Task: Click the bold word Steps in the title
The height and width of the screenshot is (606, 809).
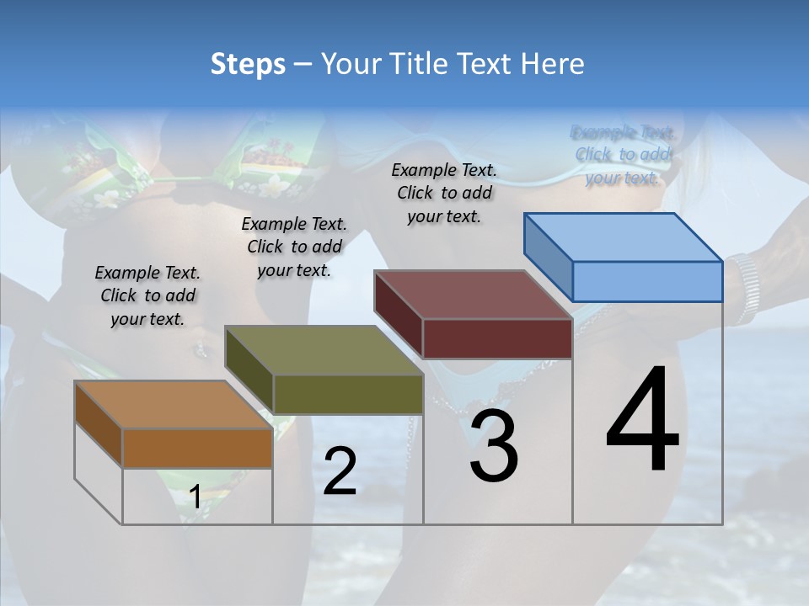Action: pyautogui.click(x=248, y=64)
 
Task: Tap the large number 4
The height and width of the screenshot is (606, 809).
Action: pyautogui.click(x=642, y=421)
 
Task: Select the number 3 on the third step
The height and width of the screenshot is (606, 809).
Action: pyautogui.click(x=493, y=447)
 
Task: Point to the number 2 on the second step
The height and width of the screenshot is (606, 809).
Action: pyautogui.click(x=340, y=471)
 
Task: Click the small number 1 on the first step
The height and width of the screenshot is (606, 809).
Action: pyautogui.click(x=195, y=497)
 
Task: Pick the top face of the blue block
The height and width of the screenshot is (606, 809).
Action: pyautogui.click(x=623, y=237)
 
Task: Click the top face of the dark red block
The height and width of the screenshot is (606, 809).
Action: pyautogui.click(x=473, y=295)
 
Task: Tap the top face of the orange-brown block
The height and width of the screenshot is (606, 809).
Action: pyautogui.click(x=174, y=405)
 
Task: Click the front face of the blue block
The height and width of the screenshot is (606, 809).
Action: pyautogui.click(x=647, y=281)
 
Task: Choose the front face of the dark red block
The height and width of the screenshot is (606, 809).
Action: pyautogui.click(x=497, y=338)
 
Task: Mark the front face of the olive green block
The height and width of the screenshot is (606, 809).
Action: pyautogui.click(x=348, y=394)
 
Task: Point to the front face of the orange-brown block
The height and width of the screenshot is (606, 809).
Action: pyautogui.click(x=197, y=448)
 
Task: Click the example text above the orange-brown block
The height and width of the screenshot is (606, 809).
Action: pyautogui.click(x=147, y=295)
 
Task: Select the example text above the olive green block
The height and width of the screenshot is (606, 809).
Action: pyautogui.click(x=294, y=247)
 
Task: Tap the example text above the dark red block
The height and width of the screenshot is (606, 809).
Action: pyautogui.click(x=444, y=193)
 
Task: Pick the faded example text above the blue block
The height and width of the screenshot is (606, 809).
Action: pyautogui.click(x=624, y=155)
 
